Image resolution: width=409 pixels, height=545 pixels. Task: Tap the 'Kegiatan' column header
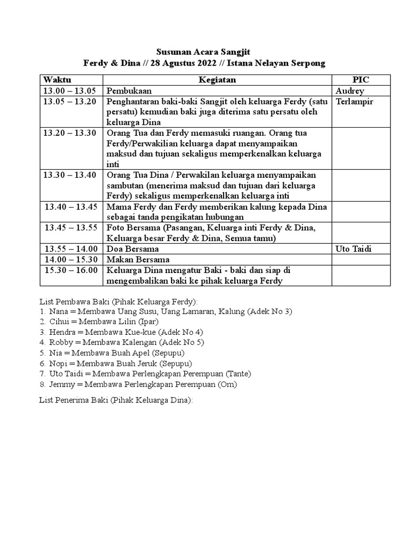coord(217,80)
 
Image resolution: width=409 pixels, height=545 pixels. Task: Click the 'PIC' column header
coord(361,80)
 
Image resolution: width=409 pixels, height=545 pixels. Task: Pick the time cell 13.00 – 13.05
coord(70,91)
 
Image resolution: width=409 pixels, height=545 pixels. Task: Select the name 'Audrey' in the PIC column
coord(350,91)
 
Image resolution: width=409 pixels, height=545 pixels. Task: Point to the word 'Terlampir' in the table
coord(355,102)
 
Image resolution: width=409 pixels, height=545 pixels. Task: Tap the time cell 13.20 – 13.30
coord(70,133)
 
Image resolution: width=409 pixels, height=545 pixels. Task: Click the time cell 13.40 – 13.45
coord(71,207)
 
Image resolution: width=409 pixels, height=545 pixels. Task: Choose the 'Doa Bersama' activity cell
coord(133,249)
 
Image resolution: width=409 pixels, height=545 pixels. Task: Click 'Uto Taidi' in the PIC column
coord(354,249)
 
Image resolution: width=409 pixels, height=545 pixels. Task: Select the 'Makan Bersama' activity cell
coord(138,259)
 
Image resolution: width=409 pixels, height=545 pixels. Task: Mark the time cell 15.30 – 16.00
coord(71,270)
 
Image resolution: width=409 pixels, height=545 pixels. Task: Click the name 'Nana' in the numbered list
coord(58,311)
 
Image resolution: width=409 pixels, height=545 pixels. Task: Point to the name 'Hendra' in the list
coord(62,332)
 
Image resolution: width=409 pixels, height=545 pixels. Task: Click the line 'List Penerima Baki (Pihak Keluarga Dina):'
coord(116,400)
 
